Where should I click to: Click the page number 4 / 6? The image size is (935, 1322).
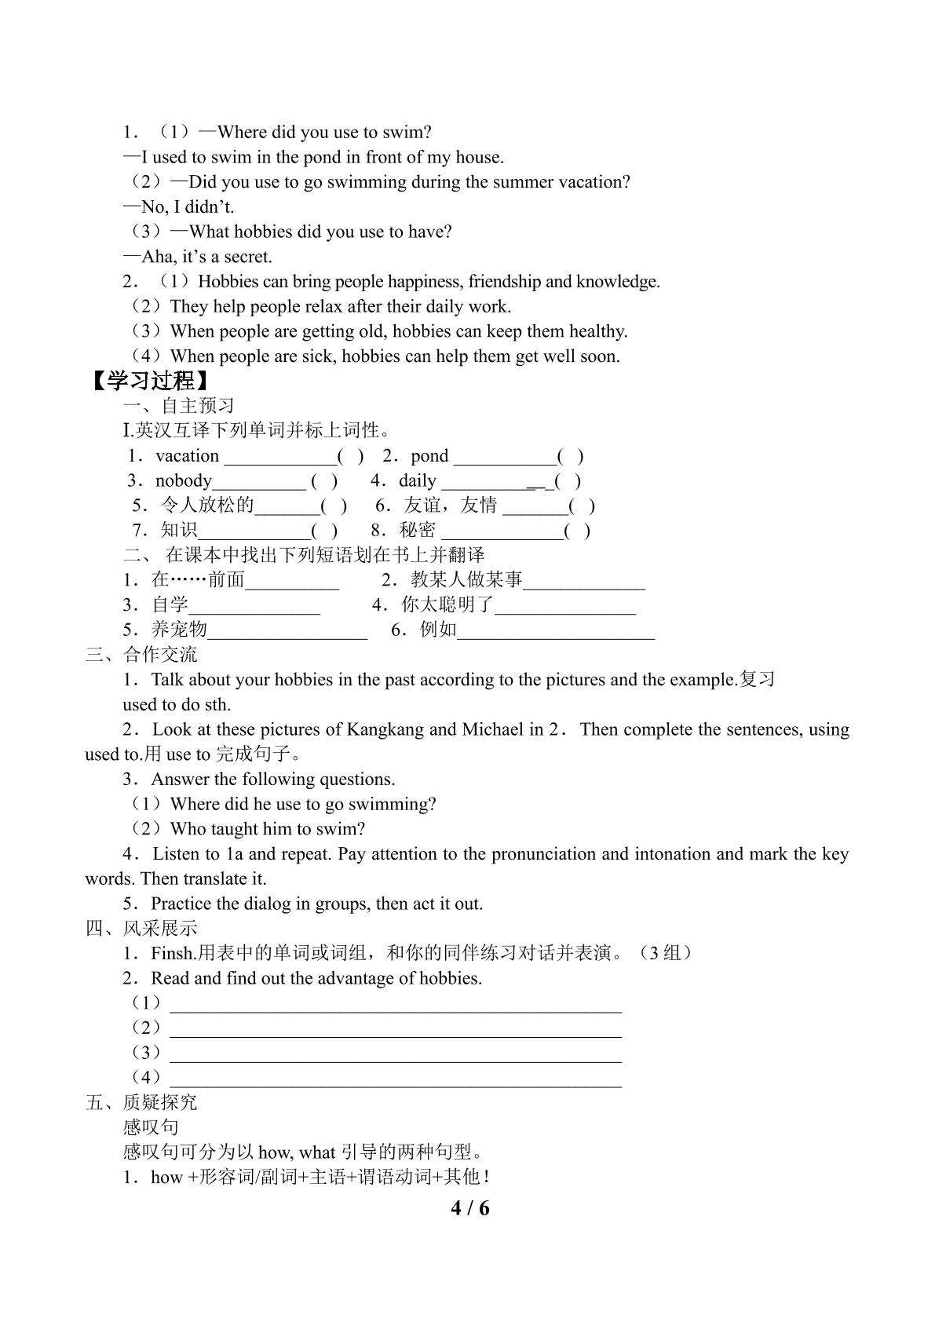pyautogui.click(x=469, y=1208)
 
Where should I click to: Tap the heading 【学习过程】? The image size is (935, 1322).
pyautogui.click(x=150, y=382)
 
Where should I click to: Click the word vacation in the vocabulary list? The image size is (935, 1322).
pyautogui.click(x=187, y=456)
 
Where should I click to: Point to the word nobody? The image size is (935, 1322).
pyautogui.click(x=184, y=480)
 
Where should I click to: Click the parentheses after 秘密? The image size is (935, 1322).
pyautogui.click(x=577, y=531)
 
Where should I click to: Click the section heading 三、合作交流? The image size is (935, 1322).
pyautogui.click(x=141, y=655)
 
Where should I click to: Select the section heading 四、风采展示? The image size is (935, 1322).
pyautogui.click(x=141, y=928)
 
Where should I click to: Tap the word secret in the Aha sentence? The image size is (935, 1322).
pyautogui.click(x=248, y=257)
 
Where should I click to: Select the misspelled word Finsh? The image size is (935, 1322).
pyautogui.click(x=172, y=953)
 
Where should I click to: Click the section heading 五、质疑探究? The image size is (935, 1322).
pyautogui.click(x=141, y=1102)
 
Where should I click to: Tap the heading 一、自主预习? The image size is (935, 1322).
pyautogui.click(x=179, y=406)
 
